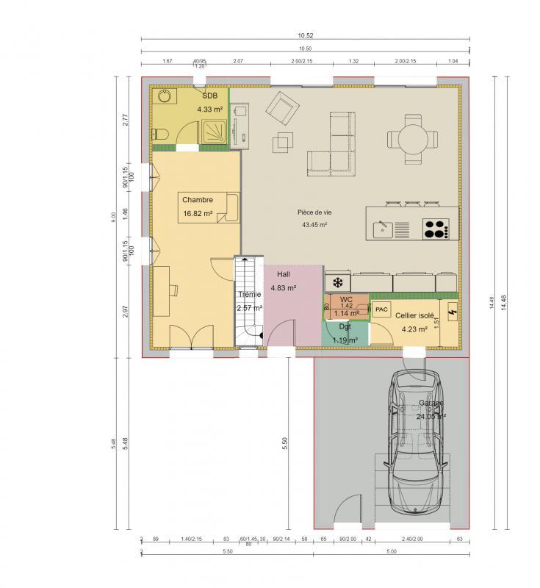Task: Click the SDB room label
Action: tap(210, 96)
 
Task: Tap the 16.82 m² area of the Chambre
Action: tap(197, 214)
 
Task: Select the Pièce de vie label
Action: tap(314, 212)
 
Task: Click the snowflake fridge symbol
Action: tap(338, 282)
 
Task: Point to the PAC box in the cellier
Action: tap(381, 309)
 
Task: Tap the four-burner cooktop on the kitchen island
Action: tap(436, 229)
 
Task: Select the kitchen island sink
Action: tap(382, 229)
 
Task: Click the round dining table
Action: tap(414, 137)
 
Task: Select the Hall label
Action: tap(284, 273)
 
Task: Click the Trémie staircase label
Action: tap(248, 294)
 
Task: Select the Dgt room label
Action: tap(344, 326)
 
